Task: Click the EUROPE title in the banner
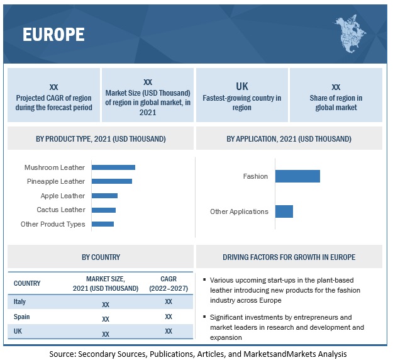pyautogui.click(x=53, y=35)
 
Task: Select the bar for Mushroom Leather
pyautogui.click(x=113, y=167)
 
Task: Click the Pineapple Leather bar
pyautogui.click(x=112, y=181)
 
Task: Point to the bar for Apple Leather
pyautogui.click(x=104, y=196)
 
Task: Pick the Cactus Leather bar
pyautogui.click(x=104, y=210)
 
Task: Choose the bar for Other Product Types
pyautogui.click(x=102, y=224)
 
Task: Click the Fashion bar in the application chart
pyautogui.click(x=297, y=176)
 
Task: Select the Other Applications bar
pyautogui.click(x=284, y=211)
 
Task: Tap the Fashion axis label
pyautogui.click(x=255, y=176)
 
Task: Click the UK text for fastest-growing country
pyautogui.click(x=242, y=86)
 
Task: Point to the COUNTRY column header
pyautogui.click(x=27, y=283)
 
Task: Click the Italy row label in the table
pyautogui.click(x=20, y=301)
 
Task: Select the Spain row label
pyautogui.click(x=22, y=317)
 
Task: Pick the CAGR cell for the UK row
pyautogui.click(x=169, y=332)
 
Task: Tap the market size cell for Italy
pyautogui.click(x=106, y=303)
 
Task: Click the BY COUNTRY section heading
pyautogui.click(x=101, y=257)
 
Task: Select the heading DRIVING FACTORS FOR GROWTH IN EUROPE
pyautogui.click(x=289, y=257)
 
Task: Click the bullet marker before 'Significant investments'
pyautogui.click(x=206, y=317)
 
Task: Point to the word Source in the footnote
pyautogui.click(x=63, y=354)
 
